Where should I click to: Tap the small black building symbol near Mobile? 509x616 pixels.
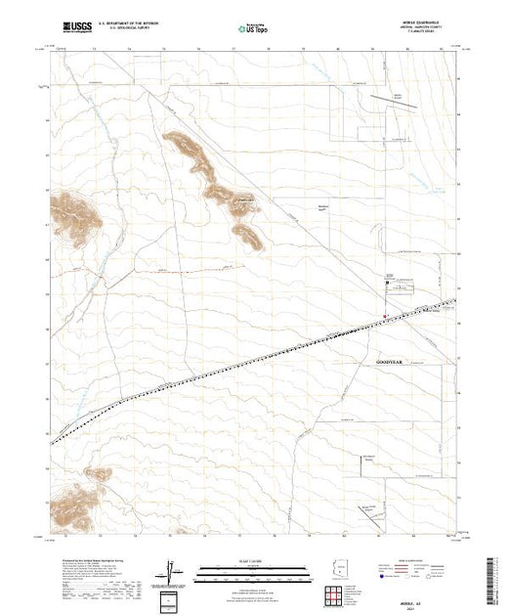pos(389,283)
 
